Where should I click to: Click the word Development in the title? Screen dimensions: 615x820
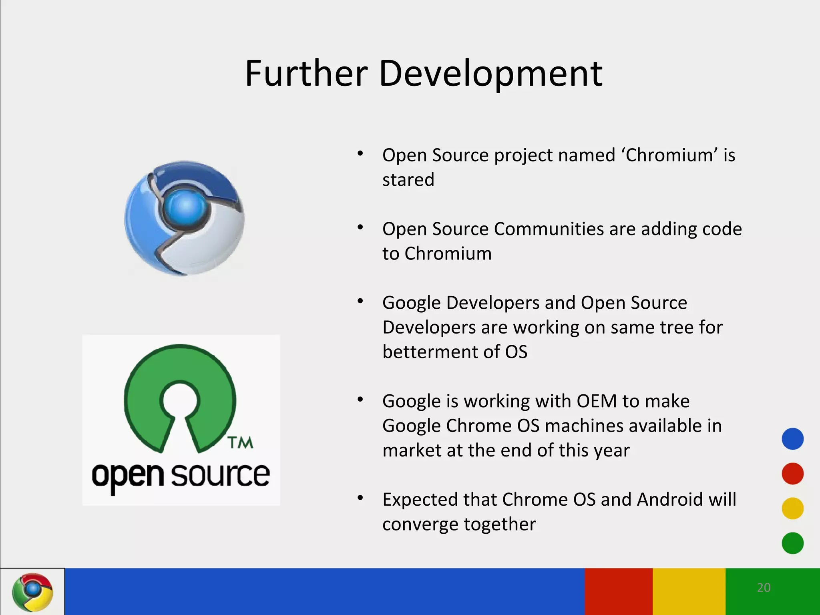click(490, 74)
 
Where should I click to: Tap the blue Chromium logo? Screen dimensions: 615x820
click(184, 218)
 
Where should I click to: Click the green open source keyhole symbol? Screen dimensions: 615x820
click(180, 396)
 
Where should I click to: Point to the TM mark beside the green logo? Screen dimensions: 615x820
click(240, 443)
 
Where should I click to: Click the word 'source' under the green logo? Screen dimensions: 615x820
click(221, 475)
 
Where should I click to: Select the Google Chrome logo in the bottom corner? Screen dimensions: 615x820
click(32, 592)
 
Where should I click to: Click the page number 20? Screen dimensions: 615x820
click(764, 587)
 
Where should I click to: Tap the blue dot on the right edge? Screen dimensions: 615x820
click(792, 439)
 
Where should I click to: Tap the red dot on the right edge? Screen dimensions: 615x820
click(792, 474)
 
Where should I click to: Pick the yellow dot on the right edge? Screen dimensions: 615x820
click(792, 508)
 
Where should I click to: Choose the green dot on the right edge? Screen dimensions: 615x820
click(792, 543)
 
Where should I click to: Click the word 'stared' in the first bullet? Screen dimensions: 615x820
click(408, 180)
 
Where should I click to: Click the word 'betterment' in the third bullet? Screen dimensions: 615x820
click(430, 352)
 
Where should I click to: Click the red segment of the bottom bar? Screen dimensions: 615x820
click(619, 591)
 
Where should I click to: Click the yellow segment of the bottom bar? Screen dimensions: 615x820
click(689, 591)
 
